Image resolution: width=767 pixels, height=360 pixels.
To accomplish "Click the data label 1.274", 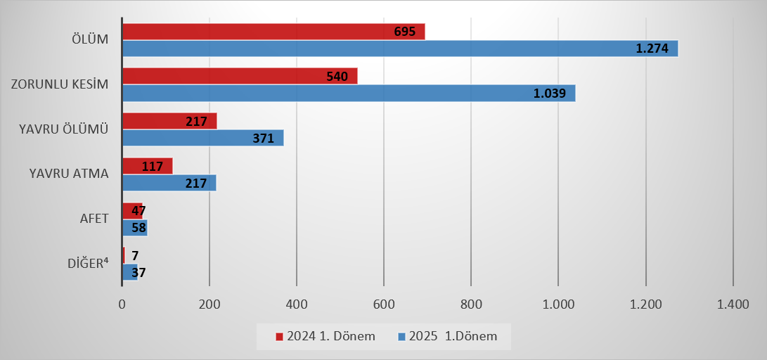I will click(x=652, y=49).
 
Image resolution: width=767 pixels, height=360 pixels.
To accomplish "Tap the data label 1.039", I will click(x=550, y=94).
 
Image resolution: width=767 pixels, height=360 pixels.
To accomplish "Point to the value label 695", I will click(x=405, y=32).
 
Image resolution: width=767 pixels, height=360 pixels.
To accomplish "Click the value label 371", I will click(x=263, y=139).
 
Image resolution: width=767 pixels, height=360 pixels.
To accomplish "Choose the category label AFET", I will click(x=94, y=219).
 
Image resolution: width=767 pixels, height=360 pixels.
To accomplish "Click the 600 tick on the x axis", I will click(x=384, y=304).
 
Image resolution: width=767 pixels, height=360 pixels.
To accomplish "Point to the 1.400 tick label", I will click(x=733, y=304).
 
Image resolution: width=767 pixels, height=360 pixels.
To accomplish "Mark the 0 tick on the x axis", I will click(x=122, y=304).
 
